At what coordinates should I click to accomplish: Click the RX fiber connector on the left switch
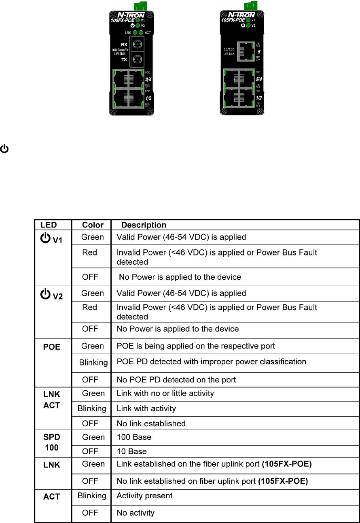point(137,44)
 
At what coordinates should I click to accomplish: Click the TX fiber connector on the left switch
point(137,59)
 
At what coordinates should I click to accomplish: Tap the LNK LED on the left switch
point(135,32)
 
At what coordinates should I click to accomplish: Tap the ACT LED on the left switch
point(141,32)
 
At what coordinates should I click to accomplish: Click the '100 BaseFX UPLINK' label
point(119,51)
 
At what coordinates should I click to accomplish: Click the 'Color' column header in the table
point(93,225)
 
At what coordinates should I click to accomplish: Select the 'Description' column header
point(144,225)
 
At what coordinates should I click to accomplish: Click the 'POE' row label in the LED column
point(52,347)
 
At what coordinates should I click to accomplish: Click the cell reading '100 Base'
point(131,438)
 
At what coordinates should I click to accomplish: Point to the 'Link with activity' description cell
point(146,408)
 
